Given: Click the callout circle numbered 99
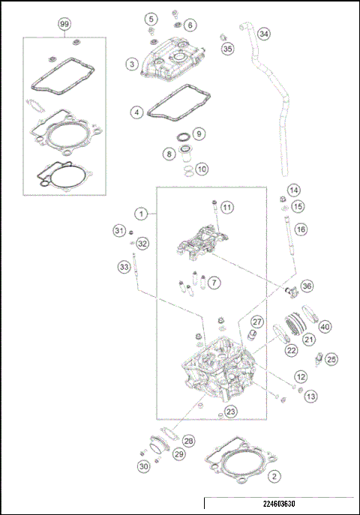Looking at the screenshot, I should click(64, 24).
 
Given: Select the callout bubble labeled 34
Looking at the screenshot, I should click(263, 34).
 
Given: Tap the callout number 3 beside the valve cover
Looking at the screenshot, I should click(132, 65).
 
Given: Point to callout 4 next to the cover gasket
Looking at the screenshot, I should click(136, 112).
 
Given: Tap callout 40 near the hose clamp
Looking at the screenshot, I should click(325, 326).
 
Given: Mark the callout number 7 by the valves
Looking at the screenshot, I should click(214, 283).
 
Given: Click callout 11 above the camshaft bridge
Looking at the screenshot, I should click(227, 207).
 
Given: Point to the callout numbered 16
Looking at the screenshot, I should click(300, 229).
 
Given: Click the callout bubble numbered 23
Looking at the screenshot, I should click(231, 411).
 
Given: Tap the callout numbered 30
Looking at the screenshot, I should click(142, 466).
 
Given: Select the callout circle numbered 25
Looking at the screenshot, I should click(331, 359).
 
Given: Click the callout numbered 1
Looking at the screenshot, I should click(139, 214).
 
